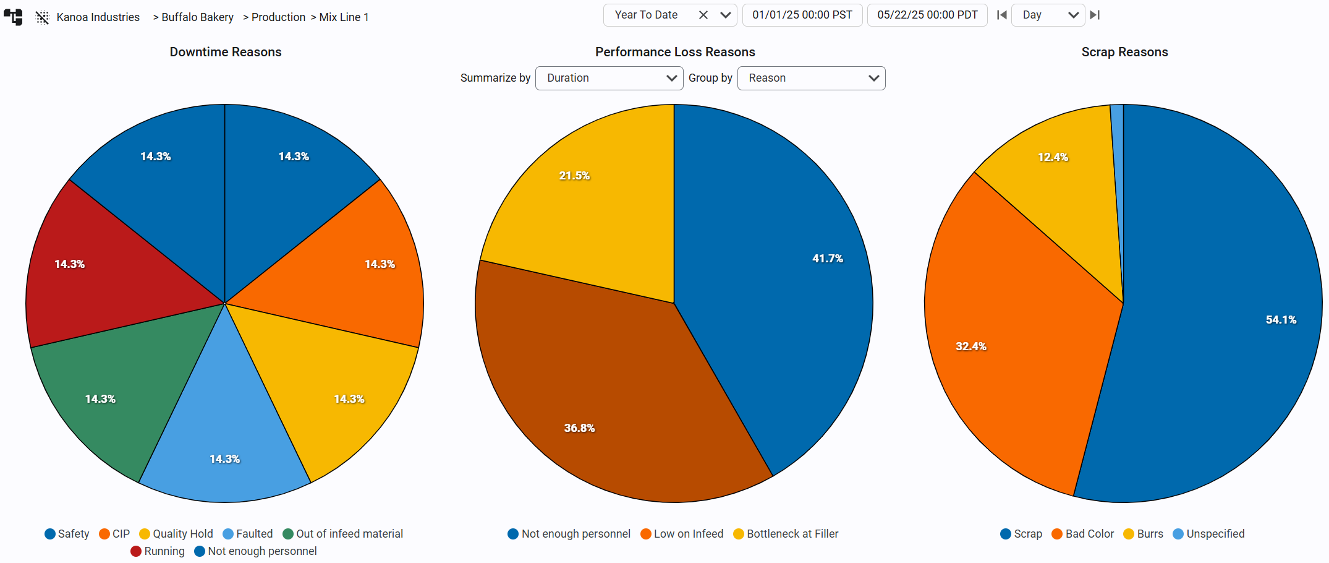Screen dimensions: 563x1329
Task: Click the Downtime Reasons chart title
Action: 226,52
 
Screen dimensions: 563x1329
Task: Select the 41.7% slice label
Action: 827,259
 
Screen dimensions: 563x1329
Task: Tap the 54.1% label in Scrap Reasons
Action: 1281,320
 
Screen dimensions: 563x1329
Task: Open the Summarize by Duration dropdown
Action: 609,78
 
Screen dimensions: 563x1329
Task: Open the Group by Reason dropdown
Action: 811,78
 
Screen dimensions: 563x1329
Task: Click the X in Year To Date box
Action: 703,15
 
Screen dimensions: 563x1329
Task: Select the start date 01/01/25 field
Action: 802,15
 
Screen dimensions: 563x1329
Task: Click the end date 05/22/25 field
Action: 927,15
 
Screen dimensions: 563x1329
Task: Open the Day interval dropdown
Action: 1048,15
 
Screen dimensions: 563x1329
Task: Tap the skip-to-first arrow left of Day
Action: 1001,15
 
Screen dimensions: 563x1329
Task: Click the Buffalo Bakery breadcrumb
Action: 197,17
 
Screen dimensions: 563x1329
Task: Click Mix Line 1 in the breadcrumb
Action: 344,17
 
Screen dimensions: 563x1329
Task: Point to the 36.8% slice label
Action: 579,428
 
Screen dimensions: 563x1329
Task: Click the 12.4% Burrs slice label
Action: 1053,157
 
